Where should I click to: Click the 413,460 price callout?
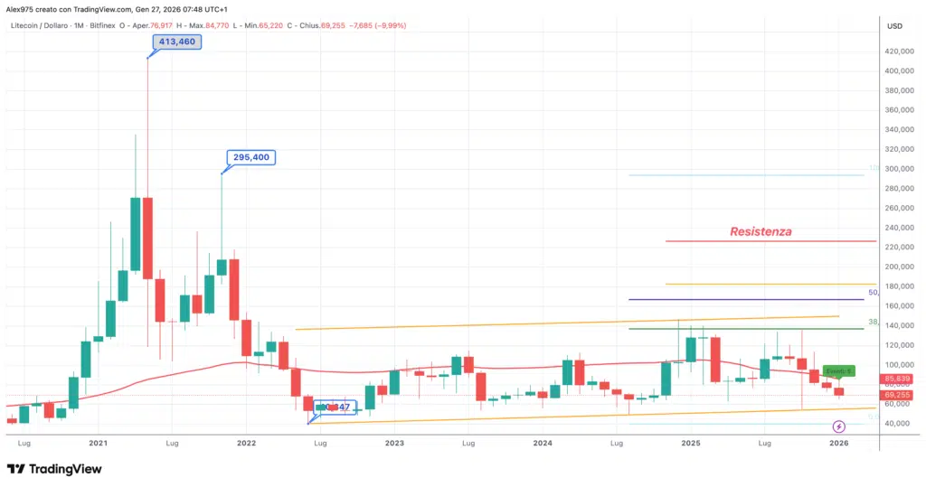tap(172, 42)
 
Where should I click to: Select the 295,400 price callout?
tap(250, 157)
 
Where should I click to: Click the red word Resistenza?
tap(761, 231)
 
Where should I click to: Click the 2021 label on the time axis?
tap(98, 444)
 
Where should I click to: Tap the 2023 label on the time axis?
tap(393, 444)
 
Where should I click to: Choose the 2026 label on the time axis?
tap(838, 444)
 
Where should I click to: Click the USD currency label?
tap(894, 25)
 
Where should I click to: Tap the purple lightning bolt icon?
tap(838, 426)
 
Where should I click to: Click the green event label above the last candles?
tap(838, 371)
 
